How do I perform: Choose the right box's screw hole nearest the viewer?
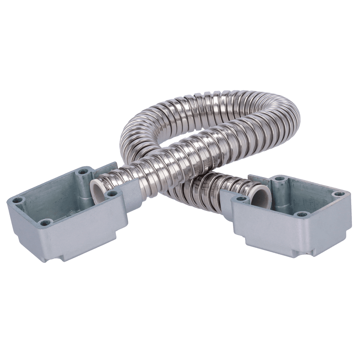300,215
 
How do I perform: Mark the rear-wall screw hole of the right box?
278,179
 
